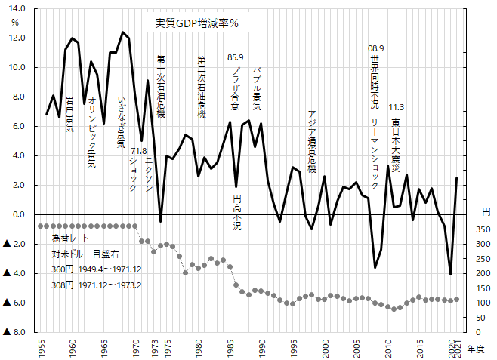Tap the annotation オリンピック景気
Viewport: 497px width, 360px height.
point(92,131)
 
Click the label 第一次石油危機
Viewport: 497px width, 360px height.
point(161,86)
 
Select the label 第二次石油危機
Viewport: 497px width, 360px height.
point(201,87)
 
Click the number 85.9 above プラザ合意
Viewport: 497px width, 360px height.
point(236,57)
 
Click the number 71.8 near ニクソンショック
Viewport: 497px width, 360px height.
point(139,151)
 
